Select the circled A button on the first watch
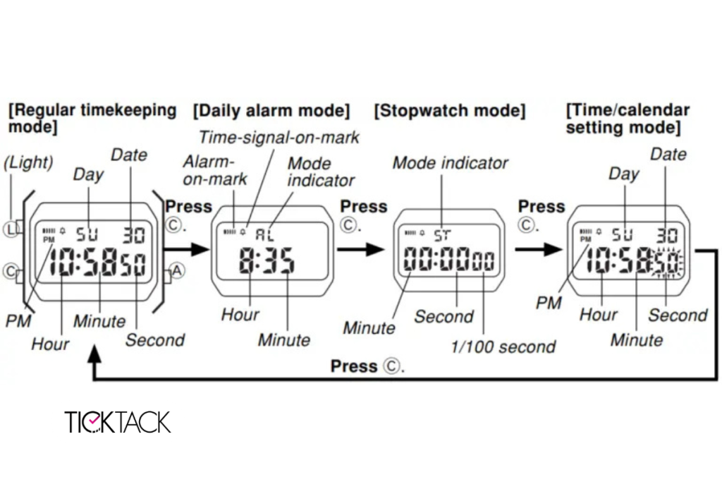click(176, 269)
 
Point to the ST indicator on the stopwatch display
click(442, 234)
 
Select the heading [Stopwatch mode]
click(449, 111)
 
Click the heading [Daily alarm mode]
click(271, 111)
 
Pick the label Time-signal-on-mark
click(279, 137)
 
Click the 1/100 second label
click(503, 347)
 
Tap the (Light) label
click(28, 162)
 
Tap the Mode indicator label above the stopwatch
click(450, 163)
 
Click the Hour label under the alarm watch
click(240, 314)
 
